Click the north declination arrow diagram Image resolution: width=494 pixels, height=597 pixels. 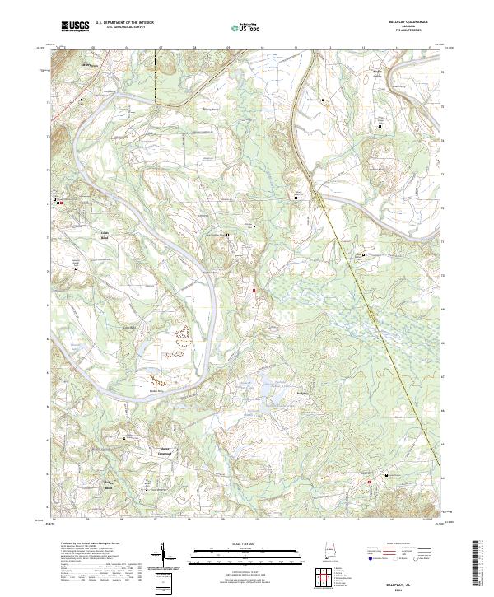pos(164,555)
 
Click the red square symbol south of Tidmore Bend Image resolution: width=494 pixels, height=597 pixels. pos(254,290)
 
